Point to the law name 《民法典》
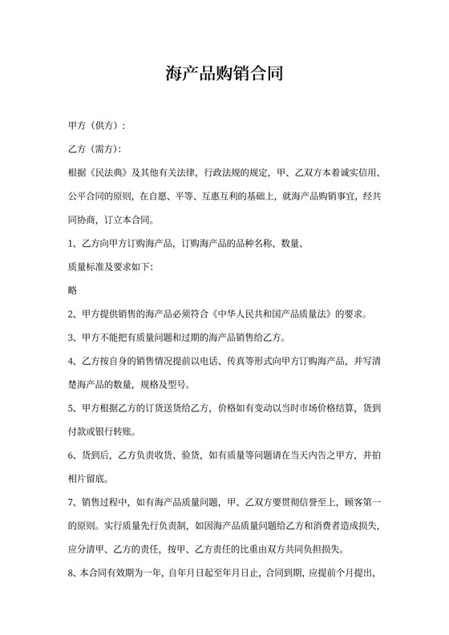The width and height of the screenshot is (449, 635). pos(108,172)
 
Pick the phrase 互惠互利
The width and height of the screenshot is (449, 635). pos(226,195)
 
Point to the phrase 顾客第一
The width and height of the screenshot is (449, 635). pos(363,502)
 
